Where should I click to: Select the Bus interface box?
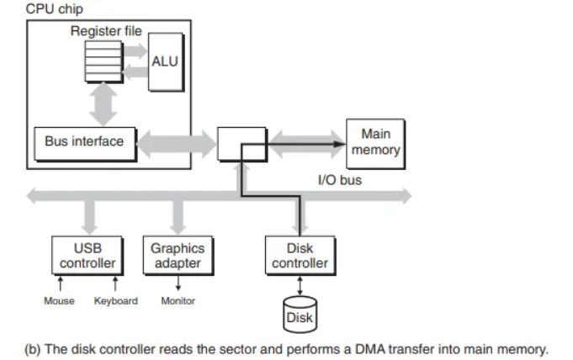(x=84, y=142)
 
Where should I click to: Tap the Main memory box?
(x=375, y=143)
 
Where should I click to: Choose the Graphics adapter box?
(x=177, y=256)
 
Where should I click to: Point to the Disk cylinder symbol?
(x=300, y=314)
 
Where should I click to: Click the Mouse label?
(x=59, y=301)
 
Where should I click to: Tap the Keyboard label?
(x=115, y=301)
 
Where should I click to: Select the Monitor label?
(x=178, y=301)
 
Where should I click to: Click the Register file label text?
(x=106, y=32)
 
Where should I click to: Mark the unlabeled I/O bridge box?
(x=242, y=144)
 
